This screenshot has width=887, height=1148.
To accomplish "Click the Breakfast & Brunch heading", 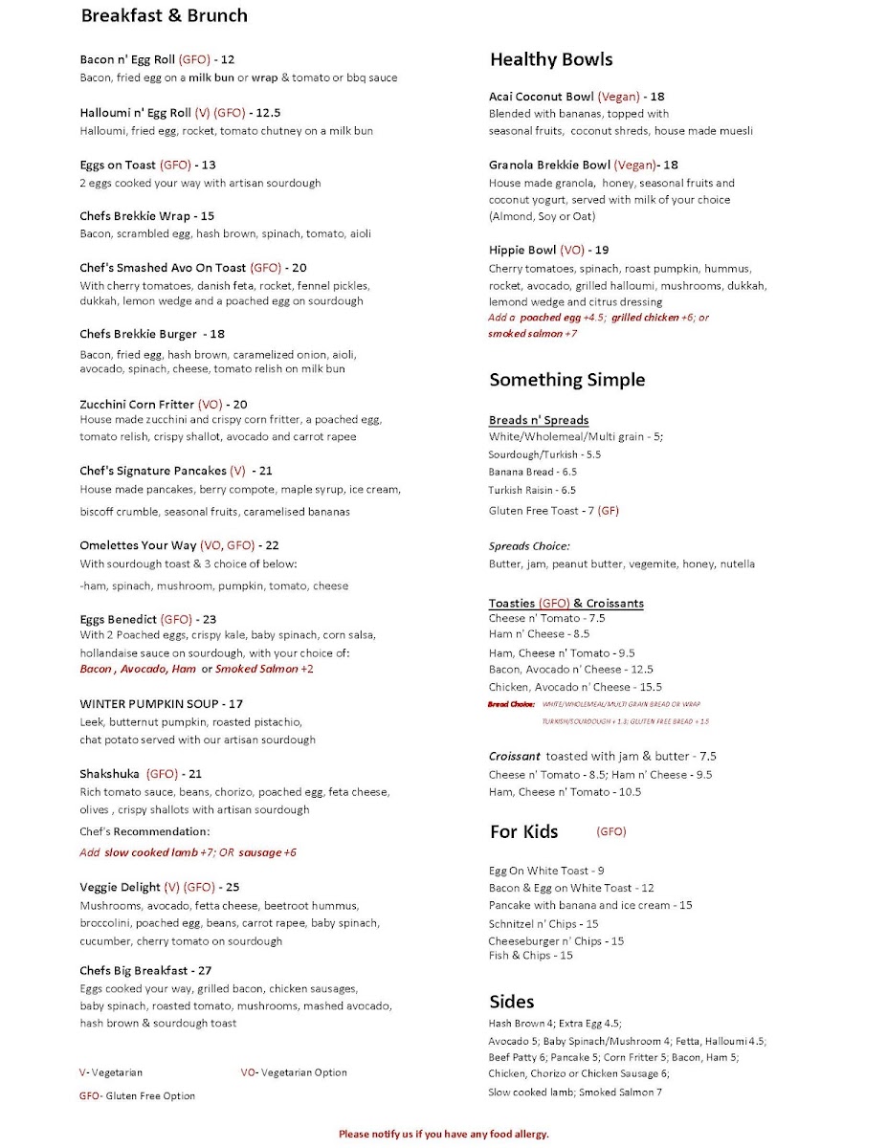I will pos(164,16).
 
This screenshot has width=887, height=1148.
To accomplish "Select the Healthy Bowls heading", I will pos(550,59).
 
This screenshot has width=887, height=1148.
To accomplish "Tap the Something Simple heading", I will pos(566,380).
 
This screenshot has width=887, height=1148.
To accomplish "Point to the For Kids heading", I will pos(523,831).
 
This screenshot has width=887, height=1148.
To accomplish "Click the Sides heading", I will pos(511,1001).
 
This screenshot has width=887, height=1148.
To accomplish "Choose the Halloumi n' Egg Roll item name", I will pos(136,113).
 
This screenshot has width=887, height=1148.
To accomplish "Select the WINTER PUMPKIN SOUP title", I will pos(148,703).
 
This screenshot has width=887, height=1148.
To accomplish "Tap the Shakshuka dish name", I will pos(110,774).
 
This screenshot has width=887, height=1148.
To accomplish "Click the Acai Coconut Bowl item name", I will pos(541,97).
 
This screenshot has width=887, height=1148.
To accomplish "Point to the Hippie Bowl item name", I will pos(522,251).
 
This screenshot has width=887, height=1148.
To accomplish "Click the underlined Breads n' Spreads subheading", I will pos(539,420).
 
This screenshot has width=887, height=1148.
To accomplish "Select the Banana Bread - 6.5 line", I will pos(533,472).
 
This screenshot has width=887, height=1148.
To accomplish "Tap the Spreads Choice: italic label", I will pos(529,546).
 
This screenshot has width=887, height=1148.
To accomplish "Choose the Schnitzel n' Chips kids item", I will pos(543,924).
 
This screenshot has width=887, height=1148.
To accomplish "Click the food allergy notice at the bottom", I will pos(444,1134).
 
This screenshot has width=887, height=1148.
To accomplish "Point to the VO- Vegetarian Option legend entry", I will pos(294,1072).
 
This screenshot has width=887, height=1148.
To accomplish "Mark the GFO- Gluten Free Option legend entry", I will pos(137,1096).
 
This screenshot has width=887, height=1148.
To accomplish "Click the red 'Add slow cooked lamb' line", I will pos(188,852).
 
